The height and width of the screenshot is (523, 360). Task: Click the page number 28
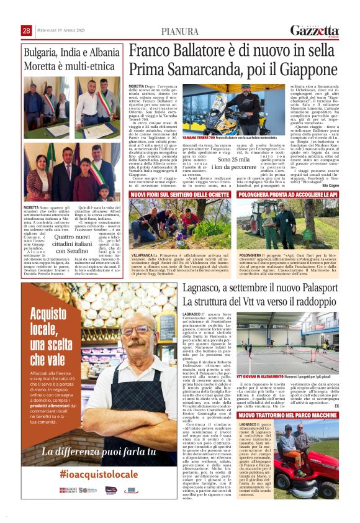click(x=26, y=30)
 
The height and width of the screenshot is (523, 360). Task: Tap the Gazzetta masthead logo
click(x=315, y=30)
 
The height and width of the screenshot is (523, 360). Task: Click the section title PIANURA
click(x=179, y=31)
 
